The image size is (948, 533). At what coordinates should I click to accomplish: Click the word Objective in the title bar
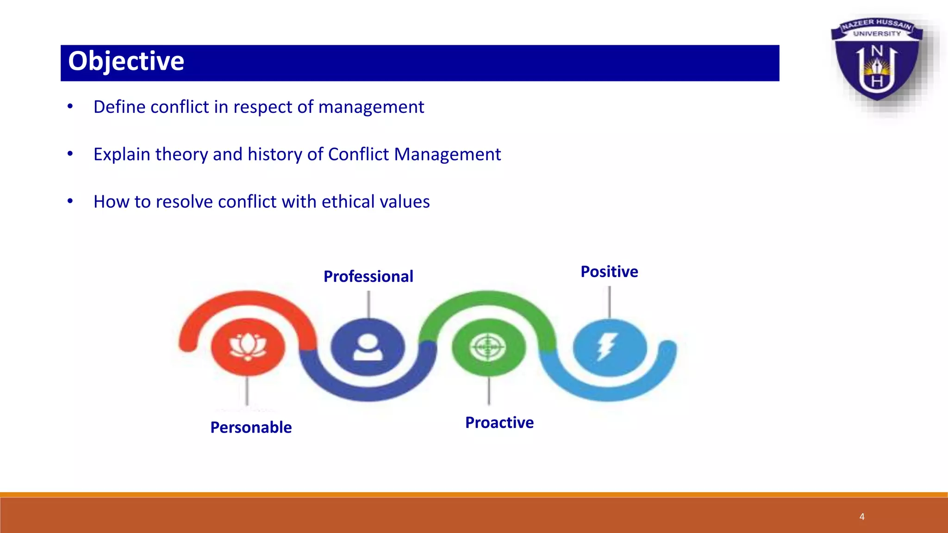[x=126, y=62]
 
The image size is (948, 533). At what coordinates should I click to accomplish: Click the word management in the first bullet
[x=371, y=107]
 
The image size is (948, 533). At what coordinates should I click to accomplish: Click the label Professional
[x=368, y=276]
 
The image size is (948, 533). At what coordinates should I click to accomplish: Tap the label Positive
[x=609, y=272]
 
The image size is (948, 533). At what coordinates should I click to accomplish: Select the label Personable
[x=251, y=427]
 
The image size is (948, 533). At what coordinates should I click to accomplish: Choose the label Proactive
[x=499, y=422]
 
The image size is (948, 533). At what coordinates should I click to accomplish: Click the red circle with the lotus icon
[x=248, y=347]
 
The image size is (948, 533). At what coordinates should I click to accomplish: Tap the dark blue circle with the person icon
[x=368, y=347]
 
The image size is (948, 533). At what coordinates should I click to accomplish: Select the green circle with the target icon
[x=488, y=347]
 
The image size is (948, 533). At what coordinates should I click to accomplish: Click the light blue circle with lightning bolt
[x=609, y=347]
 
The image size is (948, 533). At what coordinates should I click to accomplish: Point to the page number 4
[x=862, y=516]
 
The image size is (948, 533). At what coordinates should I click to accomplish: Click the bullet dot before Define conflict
[x=70, y=106]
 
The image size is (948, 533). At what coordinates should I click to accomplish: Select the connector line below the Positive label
[x=609, y=302]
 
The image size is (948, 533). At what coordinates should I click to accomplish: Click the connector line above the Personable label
[x=247, y=391]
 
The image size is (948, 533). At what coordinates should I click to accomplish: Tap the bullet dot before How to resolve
[x=70, y=201]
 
